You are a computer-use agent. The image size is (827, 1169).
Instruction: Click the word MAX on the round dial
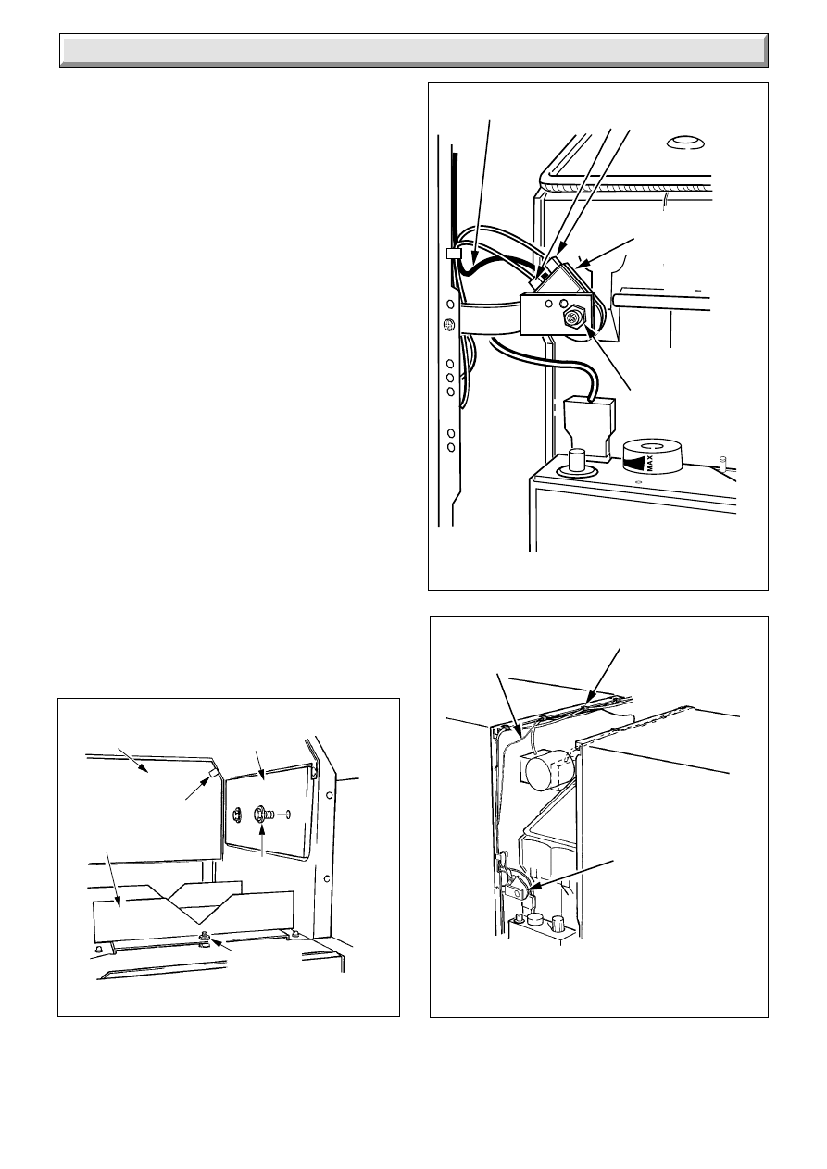point(650,463)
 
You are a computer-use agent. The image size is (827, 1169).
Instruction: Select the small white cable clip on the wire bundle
point(453,254)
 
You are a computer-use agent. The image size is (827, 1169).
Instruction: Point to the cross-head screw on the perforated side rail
point(447,325)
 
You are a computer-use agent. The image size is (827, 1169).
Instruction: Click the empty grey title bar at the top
point(413,50)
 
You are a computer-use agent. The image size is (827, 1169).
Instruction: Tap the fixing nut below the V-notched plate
point(204,934)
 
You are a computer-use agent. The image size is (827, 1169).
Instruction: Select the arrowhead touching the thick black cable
point(473,258)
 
